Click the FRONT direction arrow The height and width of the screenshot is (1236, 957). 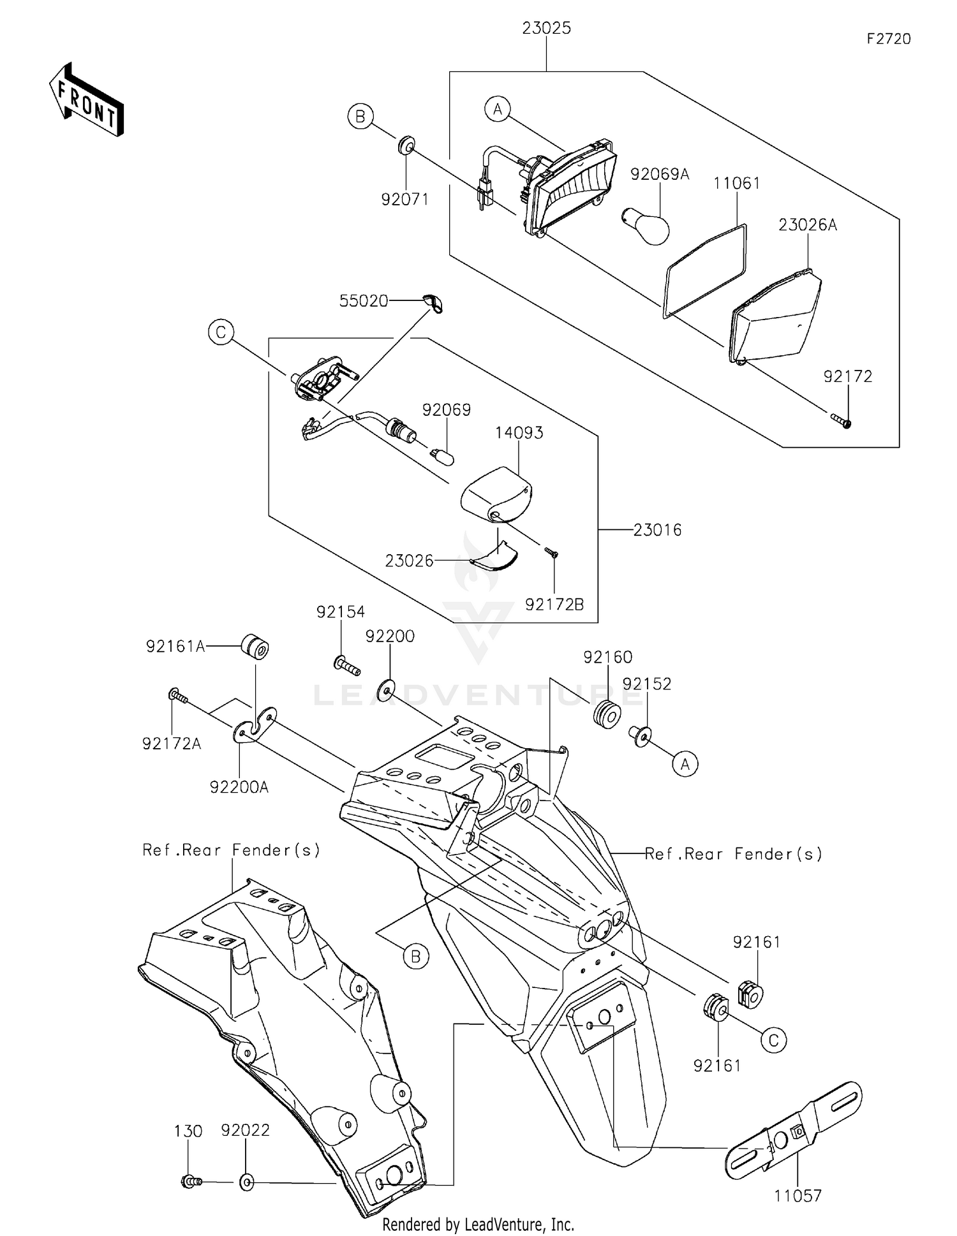(86, 99)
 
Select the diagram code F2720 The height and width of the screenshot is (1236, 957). (888, 39)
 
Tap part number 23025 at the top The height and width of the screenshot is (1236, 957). (546, 28)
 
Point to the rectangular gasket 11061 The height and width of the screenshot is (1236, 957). (706, 270)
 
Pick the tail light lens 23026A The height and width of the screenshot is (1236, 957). (775, 317)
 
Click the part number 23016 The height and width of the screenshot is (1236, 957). (658, 529)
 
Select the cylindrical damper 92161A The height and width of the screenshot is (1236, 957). (255, 647)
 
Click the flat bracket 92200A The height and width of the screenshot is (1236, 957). (255, 726)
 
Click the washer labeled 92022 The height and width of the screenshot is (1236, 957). (247, 1182)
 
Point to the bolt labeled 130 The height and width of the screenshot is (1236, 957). (191, 1181)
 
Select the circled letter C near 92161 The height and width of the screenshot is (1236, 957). (773, 1041)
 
